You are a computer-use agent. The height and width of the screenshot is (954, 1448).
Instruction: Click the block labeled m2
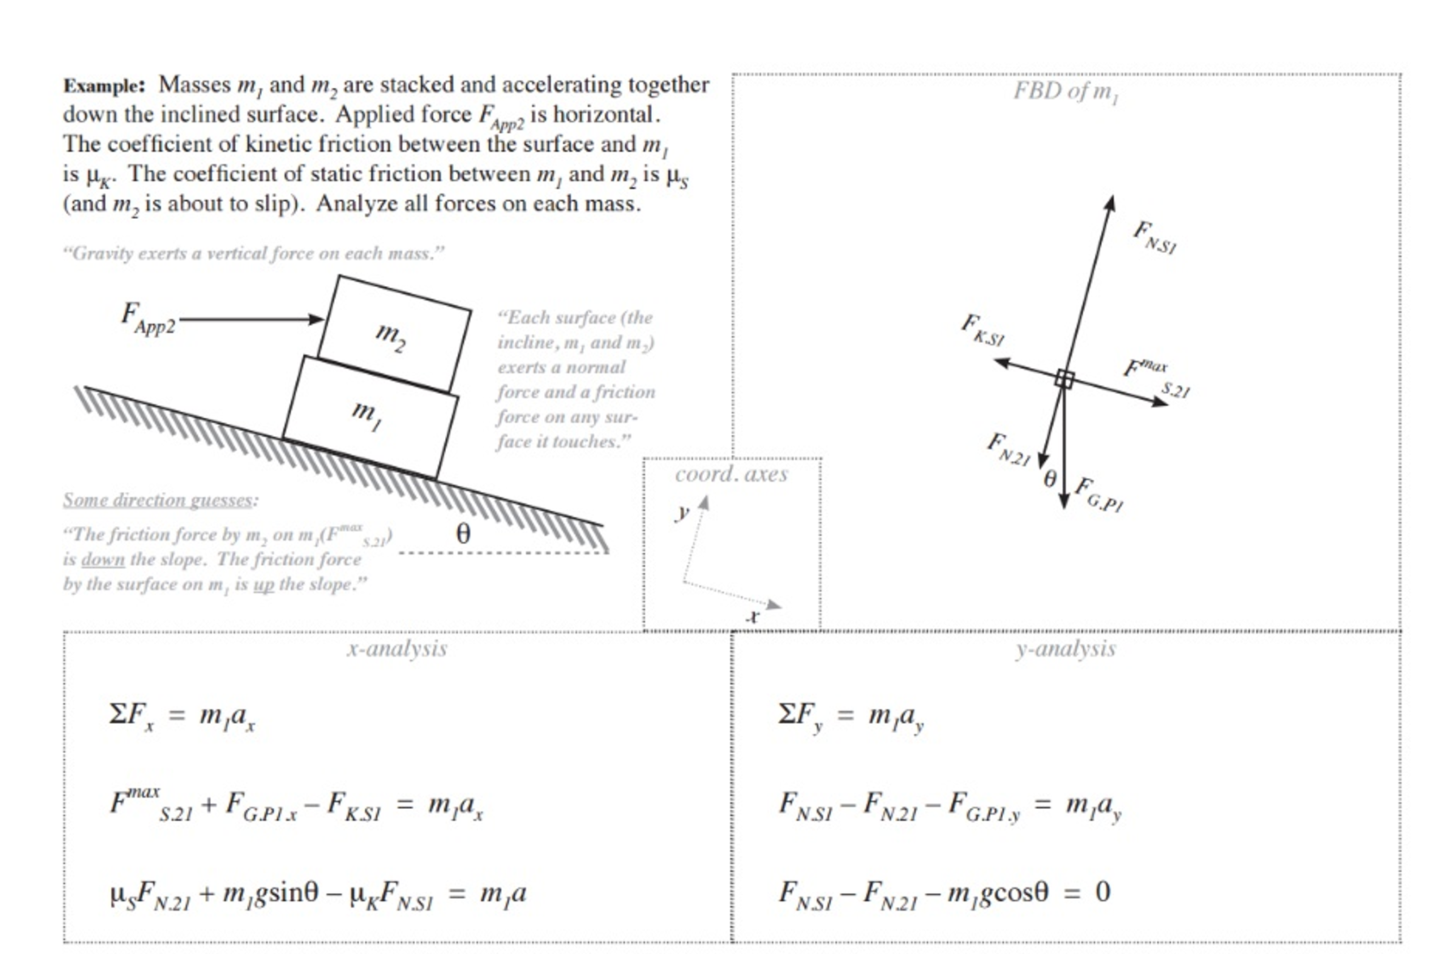393,334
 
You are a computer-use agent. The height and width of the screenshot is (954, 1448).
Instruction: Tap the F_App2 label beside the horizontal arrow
147,318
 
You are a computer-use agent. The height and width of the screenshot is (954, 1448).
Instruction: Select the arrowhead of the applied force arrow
316,319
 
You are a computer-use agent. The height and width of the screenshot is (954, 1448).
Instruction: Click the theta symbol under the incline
463,533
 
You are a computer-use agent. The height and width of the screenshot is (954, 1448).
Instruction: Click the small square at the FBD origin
1064,379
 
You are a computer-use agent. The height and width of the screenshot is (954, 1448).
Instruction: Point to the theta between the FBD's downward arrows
1050,479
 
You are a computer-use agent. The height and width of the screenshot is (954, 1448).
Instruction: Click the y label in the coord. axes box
682,511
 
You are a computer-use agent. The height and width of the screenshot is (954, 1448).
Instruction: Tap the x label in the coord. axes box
754,616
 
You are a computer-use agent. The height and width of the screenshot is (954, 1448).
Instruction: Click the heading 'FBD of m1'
1065,91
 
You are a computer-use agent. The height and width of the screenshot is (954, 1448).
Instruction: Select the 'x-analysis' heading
396,649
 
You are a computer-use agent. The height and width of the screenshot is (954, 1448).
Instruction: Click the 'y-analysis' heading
1065,649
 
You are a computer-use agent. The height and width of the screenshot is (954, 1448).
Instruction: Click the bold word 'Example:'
104,86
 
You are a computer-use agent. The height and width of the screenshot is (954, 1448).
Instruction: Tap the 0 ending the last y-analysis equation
1102,892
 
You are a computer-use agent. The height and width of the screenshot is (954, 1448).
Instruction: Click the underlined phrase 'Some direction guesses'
158,500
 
